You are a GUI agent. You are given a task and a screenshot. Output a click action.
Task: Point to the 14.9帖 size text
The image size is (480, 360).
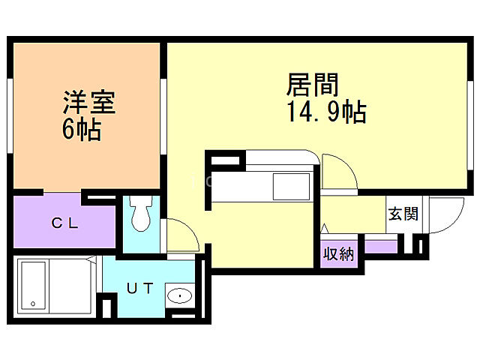pos(325,112)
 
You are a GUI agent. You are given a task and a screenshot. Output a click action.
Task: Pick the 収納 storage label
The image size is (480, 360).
pos(338,253)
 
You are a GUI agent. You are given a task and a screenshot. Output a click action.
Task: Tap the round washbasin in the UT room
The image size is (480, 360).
pos(178,295)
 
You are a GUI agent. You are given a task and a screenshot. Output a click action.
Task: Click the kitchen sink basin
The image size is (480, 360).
pos(289,184)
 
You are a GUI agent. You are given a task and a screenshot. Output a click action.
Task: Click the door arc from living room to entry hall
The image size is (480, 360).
pos(340,174)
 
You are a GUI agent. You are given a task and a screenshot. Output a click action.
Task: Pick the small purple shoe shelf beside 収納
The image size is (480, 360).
pos(379,244)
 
